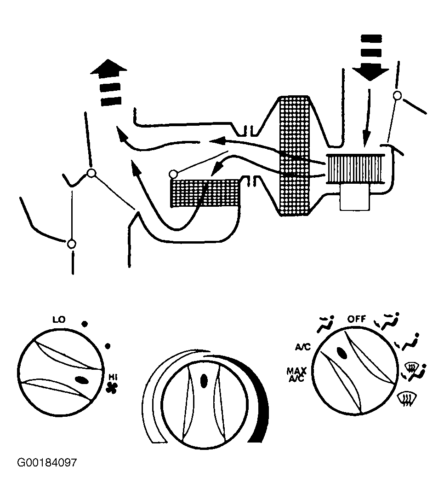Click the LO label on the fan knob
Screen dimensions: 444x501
pos(59,319)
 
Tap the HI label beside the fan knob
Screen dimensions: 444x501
pos(113,377)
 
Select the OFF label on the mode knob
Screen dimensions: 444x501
pos(357,319)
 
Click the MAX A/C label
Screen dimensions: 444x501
pos(296,374)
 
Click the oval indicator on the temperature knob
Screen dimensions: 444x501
pos(204,381)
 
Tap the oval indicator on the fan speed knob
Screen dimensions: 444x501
pos(82,380)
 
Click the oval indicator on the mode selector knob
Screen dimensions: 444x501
pos(342,353)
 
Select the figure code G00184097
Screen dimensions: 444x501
pos(47,462)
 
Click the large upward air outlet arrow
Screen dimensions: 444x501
pos(109,82)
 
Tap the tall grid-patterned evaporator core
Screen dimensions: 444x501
pos(294,156)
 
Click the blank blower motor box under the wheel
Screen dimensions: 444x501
pos(355,197)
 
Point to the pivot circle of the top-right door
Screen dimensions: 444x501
pos(397,95)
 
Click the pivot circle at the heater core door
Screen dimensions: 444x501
pos(173,174)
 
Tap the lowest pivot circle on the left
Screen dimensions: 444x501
pos(72,244)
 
